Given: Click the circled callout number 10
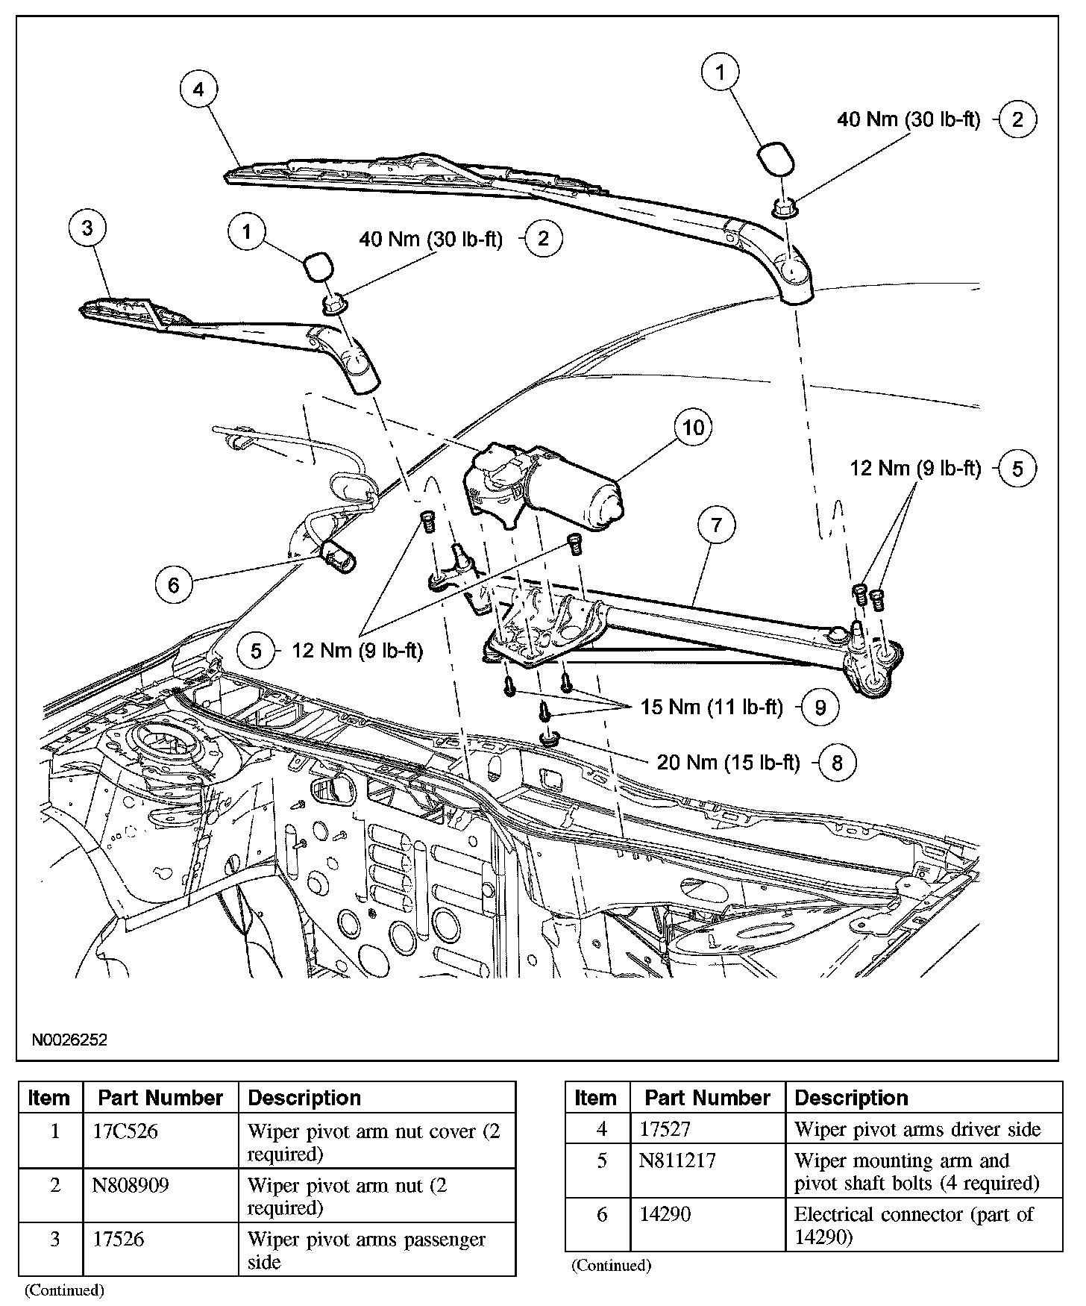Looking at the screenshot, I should point(693,428).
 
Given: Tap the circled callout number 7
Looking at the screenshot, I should point(716,525).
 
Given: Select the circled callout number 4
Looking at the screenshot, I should point(198,90).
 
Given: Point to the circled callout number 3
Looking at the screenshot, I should point(87,228).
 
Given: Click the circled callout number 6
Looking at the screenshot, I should point(173,584).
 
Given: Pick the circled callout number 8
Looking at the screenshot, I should point(837,762).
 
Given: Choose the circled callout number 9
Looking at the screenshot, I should point(820,707).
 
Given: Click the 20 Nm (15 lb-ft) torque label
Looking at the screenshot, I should point(728,762).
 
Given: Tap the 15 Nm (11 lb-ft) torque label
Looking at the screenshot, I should point(712,707).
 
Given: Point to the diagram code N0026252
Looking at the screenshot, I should point(69,1040).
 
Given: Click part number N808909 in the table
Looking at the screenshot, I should point(131,1185).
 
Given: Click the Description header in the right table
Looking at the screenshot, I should point(851,1098).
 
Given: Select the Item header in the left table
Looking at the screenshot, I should point(48,1098).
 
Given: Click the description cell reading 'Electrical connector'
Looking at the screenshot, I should point(914,1225).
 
